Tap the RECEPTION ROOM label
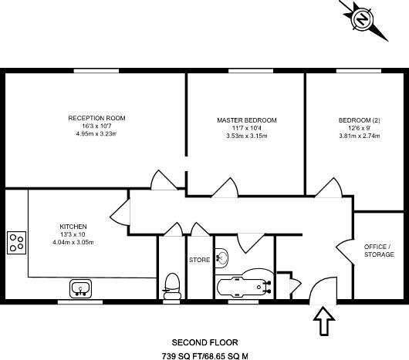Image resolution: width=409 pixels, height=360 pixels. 96,118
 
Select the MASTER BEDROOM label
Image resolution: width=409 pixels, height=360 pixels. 246,120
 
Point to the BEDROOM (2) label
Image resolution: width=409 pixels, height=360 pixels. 359,120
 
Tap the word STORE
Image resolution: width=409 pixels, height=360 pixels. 200,261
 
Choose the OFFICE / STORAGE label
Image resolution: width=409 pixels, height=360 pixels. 378,251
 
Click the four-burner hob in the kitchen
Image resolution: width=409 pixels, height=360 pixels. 17,243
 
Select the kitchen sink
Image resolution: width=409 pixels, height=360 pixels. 81,289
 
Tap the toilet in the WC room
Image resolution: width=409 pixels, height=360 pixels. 172,285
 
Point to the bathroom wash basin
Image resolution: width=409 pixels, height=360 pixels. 221,257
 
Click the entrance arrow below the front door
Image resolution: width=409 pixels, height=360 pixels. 323,319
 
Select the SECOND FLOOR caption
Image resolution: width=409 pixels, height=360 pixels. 204,341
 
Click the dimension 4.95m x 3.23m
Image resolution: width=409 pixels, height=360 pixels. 96,134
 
